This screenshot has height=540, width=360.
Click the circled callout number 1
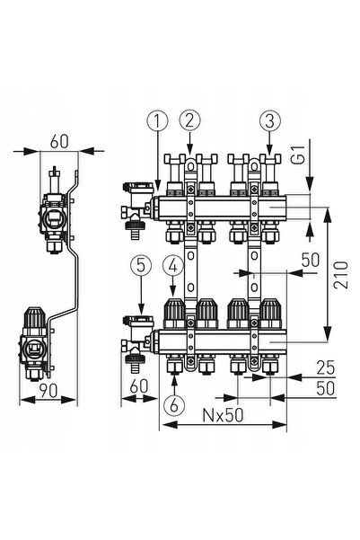click(157, 121)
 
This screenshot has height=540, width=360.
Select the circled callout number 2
click(189, 120)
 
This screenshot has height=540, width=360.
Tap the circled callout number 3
click(270, 121)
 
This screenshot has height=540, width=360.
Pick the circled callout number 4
click(173, 266)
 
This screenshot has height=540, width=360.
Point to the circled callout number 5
click(141, 266)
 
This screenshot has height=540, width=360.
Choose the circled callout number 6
click(174, 405)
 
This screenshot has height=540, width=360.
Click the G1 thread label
click(300, 155)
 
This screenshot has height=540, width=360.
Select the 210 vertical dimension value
click(341, 275)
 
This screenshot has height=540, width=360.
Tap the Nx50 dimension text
click(223, 415)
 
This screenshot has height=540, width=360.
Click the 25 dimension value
click(325, 367)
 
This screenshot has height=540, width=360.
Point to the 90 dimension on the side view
click(48, 390)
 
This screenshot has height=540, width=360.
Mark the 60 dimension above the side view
click(59, 141)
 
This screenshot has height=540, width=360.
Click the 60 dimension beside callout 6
click(139, 386)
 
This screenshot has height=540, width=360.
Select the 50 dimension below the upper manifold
click(311, 260)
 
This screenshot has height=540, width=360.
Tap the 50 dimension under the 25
click(326, 388)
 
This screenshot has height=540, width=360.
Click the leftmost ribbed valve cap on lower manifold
click(174, 313)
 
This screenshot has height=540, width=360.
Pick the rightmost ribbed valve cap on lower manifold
click(270, 313)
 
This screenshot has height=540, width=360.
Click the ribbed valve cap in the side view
click(35, 317)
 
